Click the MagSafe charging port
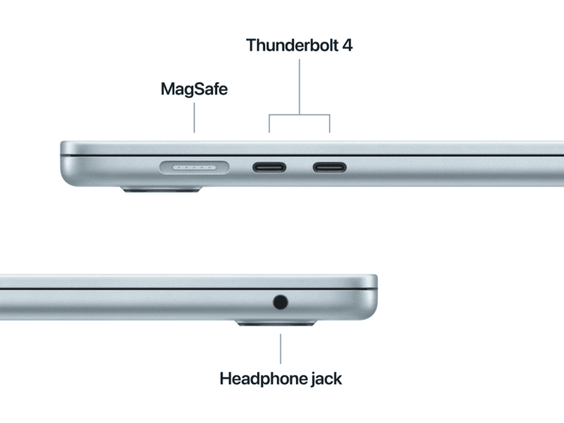click(x=195, y=168)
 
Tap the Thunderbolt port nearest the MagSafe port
click(x=269, y=167)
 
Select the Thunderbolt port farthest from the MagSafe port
click(x=329, y=167)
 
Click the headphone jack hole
click(x=280, y=302)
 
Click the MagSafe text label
click(x=195, y=90)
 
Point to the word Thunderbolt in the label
click(x=292, y=45)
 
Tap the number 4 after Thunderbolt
click(x=348, y=45)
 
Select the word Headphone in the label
click(x=263, y=379)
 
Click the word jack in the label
click(x=326, y=379)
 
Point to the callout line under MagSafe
click(x=195, y=118)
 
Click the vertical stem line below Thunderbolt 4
click(x=299, y=87)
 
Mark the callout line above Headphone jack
click(x=281, y=349)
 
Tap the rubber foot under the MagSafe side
click(x=161, y=189)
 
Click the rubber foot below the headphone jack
click(x=276, y=323)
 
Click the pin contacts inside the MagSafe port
click(x=195, y=168)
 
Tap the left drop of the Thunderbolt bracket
click(x=269, y=123)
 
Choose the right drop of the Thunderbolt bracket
click(x=329, y=123)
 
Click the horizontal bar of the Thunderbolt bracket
click(x=299, y=115)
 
